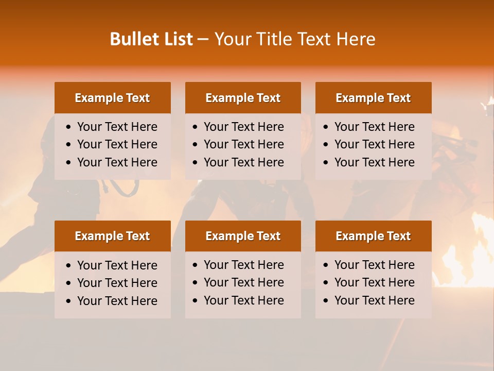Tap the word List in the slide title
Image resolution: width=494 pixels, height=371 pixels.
[x=176, y=39]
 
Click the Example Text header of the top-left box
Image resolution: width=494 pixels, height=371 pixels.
[x=112, y=98]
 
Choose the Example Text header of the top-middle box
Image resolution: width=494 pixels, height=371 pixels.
[x=243, y=98]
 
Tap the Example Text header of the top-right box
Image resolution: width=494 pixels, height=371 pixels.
[x=373, y=98]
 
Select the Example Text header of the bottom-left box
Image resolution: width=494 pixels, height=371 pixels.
[x=112, y=236]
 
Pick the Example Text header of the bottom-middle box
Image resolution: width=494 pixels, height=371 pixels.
[x=243, y=236]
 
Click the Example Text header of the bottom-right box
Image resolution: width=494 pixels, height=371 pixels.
[x=373, y=236]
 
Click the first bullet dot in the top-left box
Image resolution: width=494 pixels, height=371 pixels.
[x=69, y=127]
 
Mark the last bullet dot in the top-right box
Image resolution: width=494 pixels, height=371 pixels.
[x=326, y=163]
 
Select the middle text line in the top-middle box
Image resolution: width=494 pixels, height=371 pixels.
[x=243, y=144]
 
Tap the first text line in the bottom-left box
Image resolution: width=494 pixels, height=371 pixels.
[x=117, y=265]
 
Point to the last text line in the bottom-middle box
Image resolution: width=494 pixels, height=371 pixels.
[x=243, y=300]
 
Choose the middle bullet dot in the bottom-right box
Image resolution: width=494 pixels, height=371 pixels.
[x=326, y=283]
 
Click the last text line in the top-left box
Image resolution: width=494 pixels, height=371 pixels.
[x=117, y=162]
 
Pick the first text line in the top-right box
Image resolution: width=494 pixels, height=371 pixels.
[x=374, y=127]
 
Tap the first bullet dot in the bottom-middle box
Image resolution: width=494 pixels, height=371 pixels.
[x=196, y=265]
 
